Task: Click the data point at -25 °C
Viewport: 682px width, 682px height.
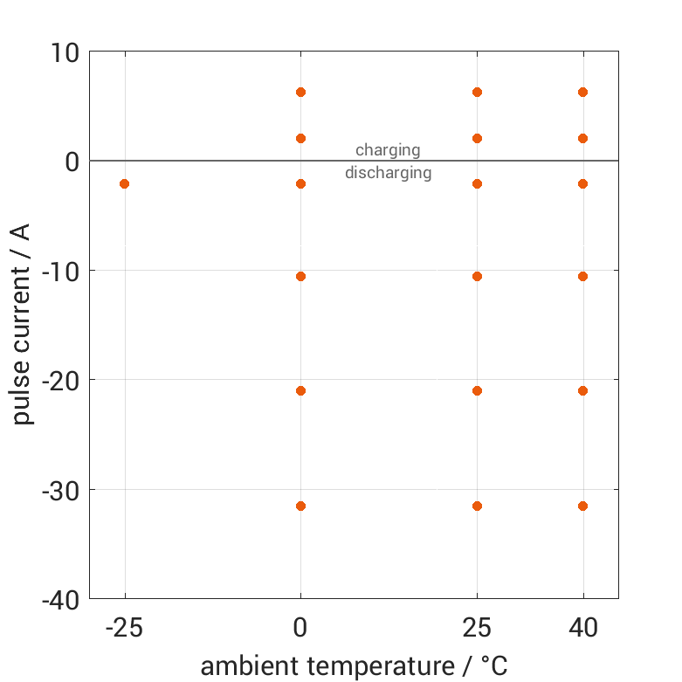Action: (124, 183)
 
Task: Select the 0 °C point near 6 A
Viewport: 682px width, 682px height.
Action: (301, 92)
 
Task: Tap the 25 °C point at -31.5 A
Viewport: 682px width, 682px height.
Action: (477, 506)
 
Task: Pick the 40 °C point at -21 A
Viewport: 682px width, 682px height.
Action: (582, 390)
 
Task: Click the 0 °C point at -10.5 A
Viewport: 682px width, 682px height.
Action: (301, 276)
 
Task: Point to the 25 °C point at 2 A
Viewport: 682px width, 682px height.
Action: (477, 138)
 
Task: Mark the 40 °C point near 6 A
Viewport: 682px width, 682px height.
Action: (582, 92)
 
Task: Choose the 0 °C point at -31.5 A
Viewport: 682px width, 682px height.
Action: (301, 506)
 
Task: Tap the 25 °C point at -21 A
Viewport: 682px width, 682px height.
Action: (477, 390)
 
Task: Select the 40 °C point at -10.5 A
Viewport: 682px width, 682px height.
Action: (582, 276)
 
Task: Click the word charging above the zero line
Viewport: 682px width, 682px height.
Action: (388, 150)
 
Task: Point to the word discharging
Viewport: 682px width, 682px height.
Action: (388, 173)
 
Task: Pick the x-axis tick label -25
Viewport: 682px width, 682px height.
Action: (124, 628)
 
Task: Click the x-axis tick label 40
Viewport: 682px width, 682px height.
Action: (582, 628)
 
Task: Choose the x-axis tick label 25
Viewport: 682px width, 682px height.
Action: (477, 628)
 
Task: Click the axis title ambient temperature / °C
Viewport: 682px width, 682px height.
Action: (354, 666)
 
